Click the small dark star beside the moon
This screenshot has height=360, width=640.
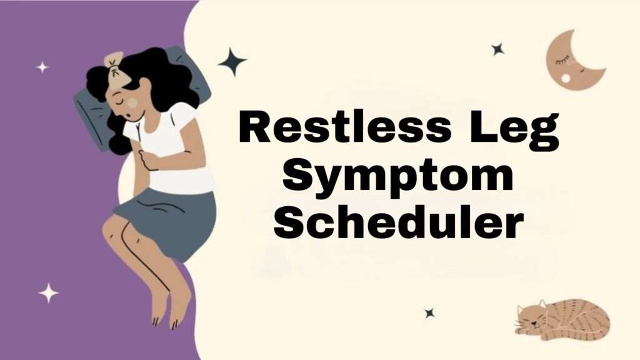497,49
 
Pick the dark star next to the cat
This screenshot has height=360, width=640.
429,312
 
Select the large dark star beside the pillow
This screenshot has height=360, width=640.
232,62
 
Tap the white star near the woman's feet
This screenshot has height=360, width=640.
48,292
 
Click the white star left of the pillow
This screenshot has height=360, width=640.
42,67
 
